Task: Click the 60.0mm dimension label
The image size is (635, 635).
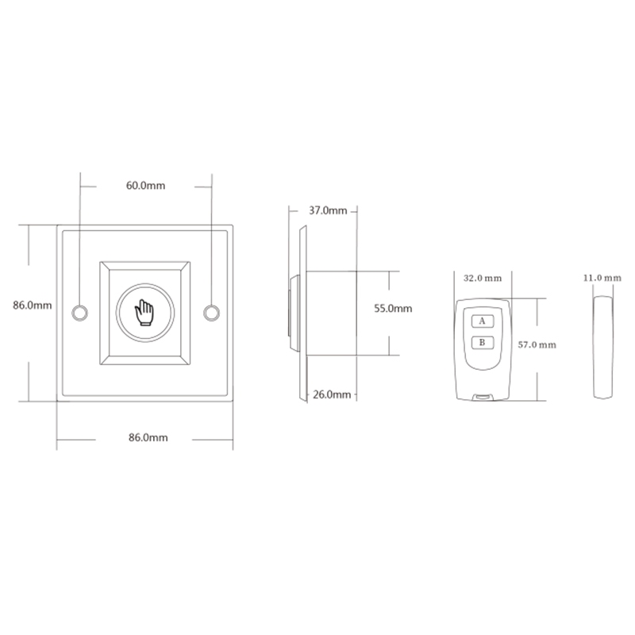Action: pos(145,186)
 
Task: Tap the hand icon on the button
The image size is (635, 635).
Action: pos(144,313)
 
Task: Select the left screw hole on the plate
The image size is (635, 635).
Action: pos(80,313)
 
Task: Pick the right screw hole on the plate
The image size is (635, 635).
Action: pos(211,313)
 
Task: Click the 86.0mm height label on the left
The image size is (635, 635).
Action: pos(33,305)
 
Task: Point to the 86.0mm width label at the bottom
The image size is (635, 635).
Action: pos(148,437)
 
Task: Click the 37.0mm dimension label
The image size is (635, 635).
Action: pos(328,210)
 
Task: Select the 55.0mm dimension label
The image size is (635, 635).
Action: pos(393,309)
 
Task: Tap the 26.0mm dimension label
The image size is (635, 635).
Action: pos(332,394)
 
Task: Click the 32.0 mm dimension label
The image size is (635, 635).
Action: pos(483,279)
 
